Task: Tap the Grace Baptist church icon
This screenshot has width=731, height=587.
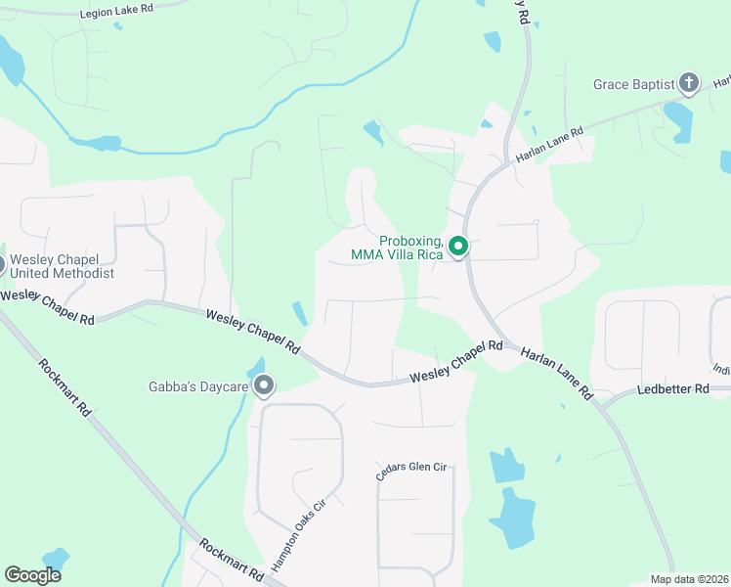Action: click(689, 84)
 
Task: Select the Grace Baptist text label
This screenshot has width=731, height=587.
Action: click(633, 85)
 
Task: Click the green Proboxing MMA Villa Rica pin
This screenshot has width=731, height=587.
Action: click(458, 248)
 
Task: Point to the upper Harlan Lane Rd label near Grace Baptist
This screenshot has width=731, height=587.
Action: click(550, 145)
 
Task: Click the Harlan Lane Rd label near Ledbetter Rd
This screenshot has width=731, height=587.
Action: click(556, 374)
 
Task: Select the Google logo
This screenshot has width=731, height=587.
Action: click(32, 575)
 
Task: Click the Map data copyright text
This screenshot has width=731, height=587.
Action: click(689, 579)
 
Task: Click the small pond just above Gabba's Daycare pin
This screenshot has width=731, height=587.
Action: click(256, 367)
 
